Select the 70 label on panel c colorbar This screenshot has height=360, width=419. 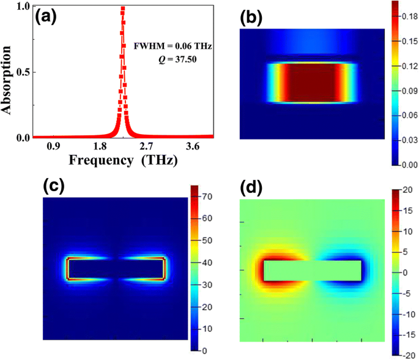tap(207, 197)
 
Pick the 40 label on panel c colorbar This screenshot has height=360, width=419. tap(207, 262)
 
